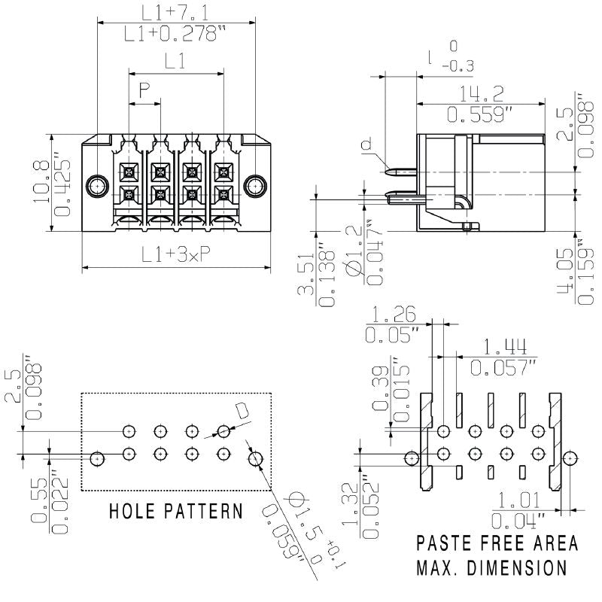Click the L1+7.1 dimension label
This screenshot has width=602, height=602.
175,11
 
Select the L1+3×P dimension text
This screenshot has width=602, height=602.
175,256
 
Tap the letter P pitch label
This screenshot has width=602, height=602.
144,91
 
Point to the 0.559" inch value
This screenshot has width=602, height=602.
482,114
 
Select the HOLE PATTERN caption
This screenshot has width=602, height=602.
176,512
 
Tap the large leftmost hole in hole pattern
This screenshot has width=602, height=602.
96,457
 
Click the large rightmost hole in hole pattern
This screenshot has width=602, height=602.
256,457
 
